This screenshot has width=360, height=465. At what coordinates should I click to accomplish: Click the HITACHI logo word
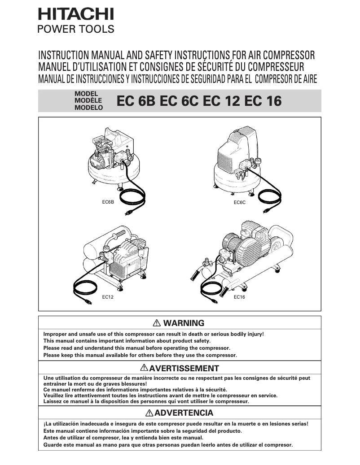tap(75, 15)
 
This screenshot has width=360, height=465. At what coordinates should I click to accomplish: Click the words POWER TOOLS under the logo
tap(75, 30)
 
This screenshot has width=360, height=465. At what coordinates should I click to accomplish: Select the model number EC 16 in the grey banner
tap(263, 101)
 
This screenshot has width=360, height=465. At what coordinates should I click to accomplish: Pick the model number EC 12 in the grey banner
tap(221, 101)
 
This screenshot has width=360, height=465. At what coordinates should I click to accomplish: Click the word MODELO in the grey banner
tap(88, 108)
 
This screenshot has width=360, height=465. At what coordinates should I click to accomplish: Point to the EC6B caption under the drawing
tap(108, 202)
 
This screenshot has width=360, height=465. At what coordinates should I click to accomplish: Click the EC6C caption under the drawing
tap(240, 202)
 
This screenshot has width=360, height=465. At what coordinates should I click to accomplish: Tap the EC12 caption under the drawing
tap(107, 297)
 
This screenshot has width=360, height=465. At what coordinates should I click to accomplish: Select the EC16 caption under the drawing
tap(239, 297)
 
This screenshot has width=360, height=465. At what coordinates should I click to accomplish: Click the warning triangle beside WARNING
tap(157, 323)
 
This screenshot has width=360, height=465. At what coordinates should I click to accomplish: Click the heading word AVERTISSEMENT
tap(184, 369)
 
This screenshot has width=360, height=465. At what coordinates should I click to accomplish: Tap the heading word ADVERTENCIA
tap(184, 413)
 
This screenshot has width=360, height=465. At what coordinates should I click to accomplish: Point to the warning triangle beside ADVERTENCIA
tap(149, 413)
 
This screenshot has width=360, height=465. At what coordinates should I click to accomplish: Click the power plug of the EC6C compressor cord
tap(268, 209)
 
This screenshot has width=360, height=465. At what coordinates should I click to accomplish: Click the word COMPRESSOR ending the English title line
tap(287, 56)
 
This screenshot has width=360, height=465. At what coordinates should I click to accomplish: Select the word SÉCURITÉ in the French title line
tap(219, 67)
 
